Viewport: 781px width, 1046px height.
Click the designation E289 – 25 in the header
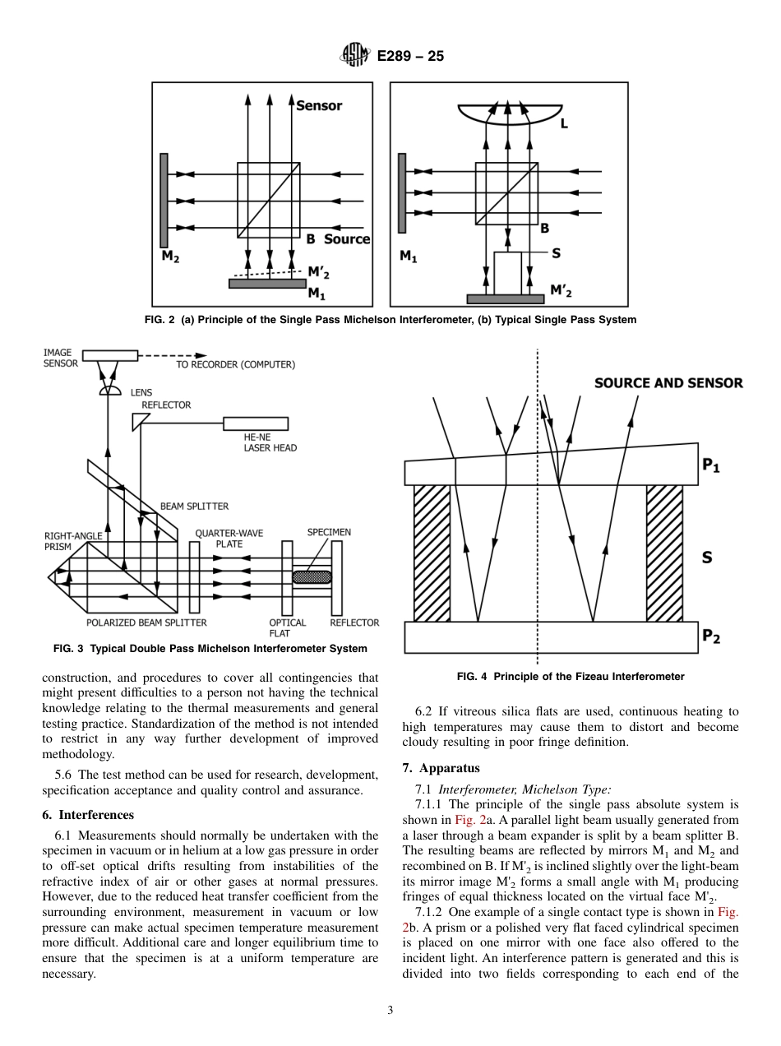pos(410,57)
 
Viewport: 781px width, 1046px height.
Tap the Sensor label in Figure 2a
pos(319,105)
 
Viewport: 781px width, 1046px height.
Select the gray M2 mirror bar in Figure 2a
pos(165,200)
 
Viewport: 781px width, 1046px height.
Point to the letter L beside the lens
pos(564,124)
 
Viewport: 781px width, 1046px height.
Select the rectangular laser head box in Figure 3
pos(256,423)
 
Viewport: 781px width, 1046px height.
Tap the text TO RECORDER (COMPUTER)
pos(235,364)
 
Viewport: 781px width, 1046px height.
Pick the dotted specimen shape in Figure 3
pos(312,577)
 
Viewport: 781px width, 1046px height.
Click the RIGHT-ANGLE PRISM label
pos(73,541)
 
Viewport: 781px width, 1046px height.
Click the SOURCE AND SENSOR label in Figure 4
pos(668,382)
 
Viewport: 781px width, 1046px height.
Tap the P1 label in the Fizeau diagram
pos(710,465)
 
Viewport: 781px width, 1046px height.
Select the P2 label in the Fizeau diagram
pos(710,636)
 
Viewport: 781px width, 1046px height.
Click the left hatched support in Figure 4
pos(432,553)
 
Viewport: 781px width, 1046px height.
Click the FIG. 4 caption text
pos(570,677)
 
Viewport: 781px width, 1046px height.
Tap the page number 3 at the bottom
pos(390,1011)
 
